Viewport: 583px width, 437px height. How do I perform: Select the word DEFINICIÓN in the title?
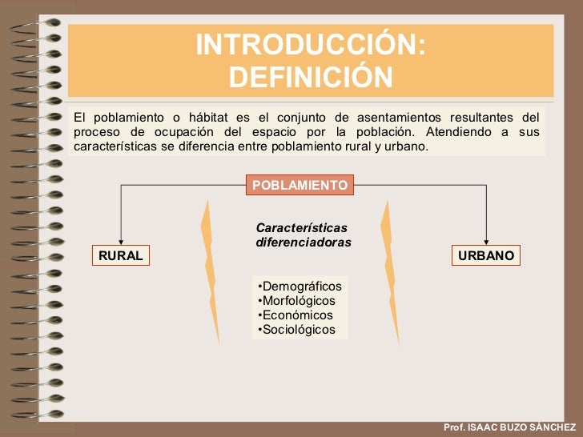pos(311,78)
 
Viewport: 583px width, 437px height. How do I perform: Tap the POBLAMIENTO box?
pos(300,185)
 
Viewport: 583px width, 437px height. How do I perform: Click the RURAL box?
pos(120,255)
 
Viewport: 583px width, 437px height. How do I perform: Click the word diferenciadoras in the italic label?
pos(304,242)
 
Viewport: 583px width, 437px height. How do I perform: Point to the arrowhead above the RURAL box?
pos(120,243)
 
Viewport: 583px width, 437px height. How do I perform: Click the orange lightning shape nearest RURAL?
pos(210,272)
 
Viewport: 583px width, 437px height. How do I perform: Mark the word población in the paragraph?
pos(387,132)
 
